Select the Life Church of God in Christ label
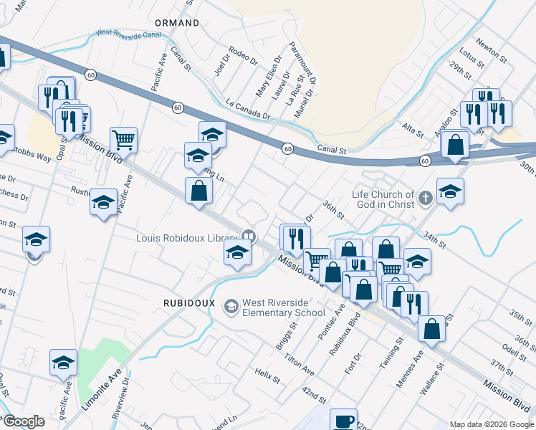(383, 199)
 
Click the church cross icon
(426, 197)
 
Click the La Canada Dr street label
(247, 109)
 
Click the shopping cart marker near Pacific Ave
(123, 139)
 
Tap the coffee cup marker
(343, 419)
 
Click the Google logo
(24, 421)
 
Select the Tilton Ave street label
(299, 365)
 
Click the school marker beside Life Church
(449, 191)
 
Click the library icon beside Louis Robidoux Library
(248, 235)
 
